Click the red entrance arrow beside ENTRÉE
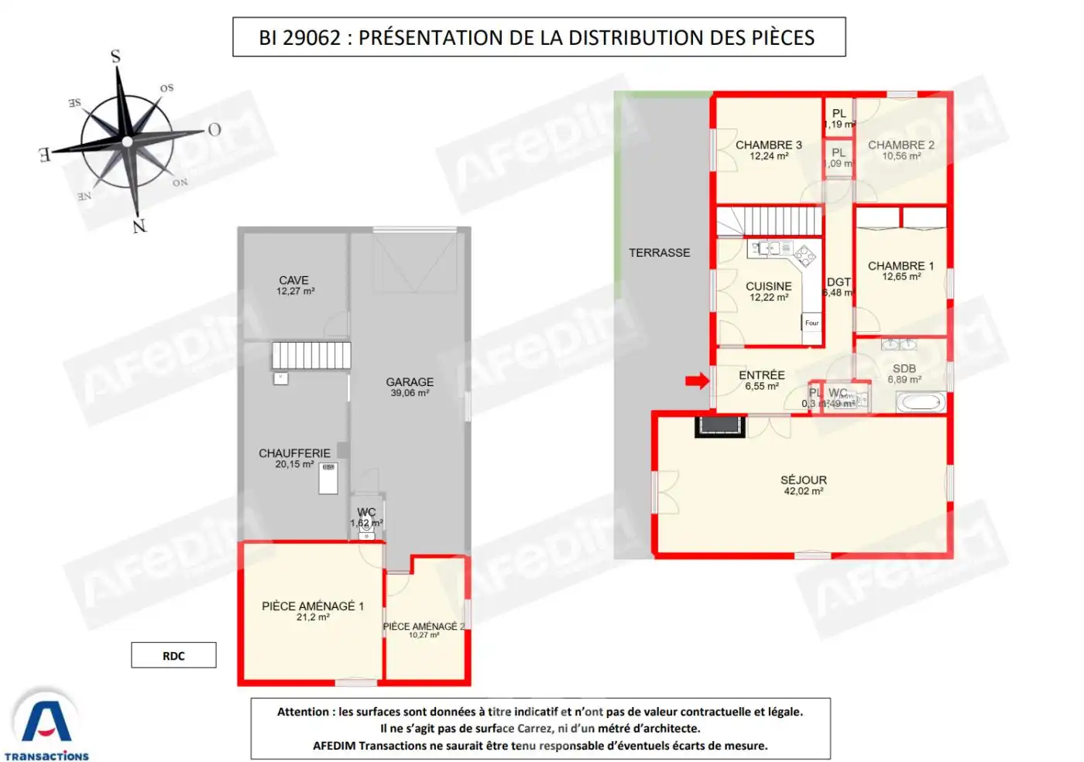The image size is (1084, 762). pos(698,381)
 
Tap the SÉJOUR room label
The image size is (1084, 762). pos(803,480)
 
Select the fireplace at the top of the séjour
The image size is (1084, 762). pos(720,426)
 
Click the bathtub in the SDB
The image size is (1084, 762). pos(921,402)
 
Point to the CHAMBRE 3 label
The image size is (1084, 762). pos(768,145)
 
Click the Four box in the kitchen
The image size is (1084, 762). pos(811,323)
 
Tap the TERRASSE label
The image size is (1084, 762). pos(659,253)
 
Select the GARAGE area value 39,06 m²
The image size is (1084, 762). pos(410,393)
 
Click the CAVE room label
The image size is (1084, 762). pos(293,280)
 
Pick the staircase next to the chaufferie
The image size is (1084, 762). pos(311,355)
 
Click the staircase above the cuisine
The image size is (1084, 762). pos(768,220)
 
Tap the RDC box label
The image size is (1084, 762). pos(173,656)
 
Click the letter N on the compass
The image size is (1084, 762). pos(139,226)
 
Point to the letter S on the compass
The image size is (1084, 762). pos(116,56)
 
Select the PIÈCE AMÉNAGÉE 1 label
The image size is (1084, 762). pos(312,606)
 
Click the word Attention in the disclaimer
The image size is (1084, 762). pos(303,712)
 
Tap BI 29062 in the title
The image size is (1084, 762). pos(299,38)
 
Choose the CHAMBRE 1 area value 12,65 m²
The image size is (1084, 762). pos(901,277)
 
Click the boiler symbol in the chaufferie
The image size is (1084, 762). pos(328,478)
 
